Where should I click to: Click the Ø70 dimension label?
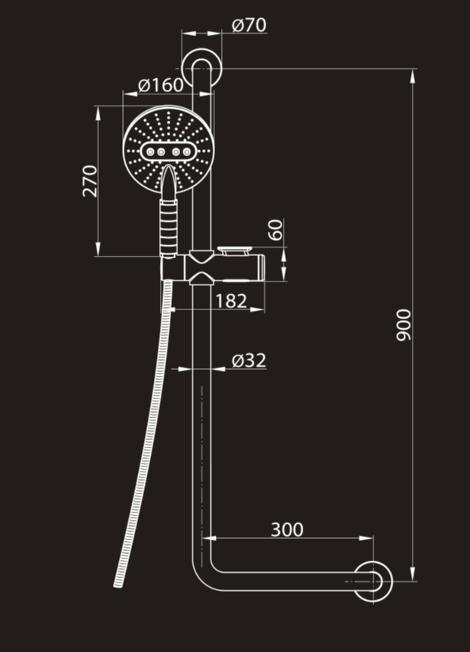coord(249,25)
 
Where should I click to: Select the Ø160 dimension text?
coord(161,85)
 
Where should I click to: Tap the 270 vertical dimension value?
coord(90,180)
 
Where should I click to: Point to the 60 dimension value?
coord(276,229)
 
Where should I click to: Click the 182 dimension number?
coord(231,300)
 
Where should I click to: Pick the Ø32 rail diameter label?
coord(248,361)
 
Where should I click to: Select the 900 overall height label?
coord(404,324)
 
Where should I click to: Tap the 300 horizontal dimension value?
coord(287,529)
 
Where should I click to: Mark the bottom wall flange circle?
coord(373,582)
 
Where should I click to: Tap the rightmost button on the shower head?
coord(188,152)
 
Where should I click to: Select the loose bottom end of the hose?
coord(118,583)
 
